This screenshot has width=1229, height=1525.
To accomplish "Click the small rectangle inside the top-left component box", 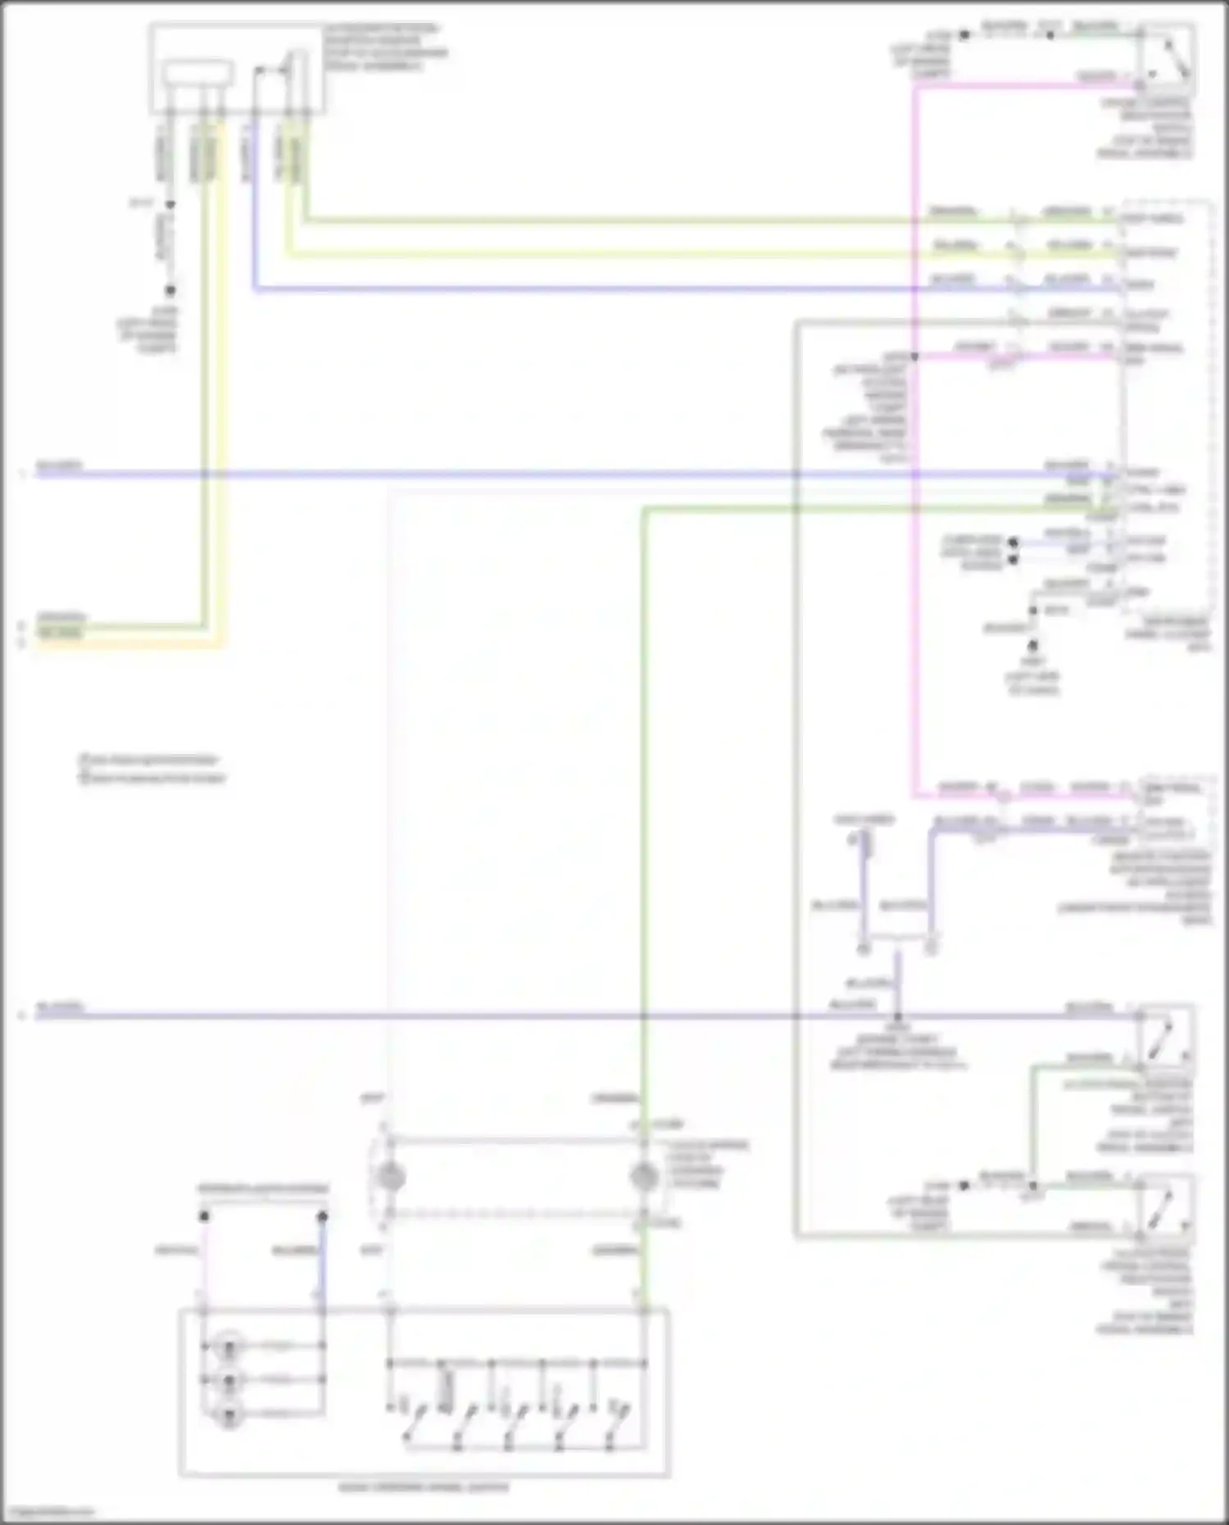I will point(197,73).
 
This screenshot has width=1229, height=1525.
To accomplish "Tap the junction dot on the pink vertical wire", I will point(914,356).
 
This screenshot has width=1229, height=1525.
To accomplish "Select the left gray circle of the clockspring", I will point(391,1178).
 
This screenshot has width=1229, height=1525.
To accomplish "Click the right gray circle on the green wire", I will point(644,1178).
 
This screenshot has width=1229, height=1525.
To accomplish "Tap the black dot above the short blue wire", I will point(323,1217).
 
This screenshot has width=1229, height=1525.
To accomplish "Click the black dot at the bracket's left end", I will point(204,1217).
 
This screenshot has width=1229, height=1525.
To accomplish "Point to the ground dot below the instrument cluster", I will point(1033,646).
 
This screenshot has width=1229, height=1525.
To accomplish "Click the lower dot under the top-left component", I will point(170,290).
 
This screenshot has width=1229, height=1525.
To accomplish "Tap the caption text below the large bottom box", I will point(424,1487).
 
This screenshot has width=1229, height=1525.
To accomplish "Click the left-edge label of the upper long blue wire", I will point(59,466).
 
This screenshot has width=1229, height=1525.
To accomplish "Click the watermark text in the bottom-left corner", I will point(48,1513).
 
